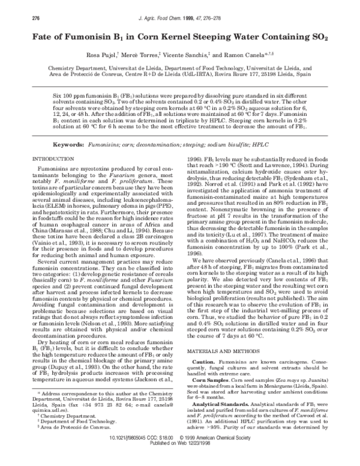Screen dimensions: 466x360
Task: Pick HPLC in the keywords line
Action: (x=279, y=129)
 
